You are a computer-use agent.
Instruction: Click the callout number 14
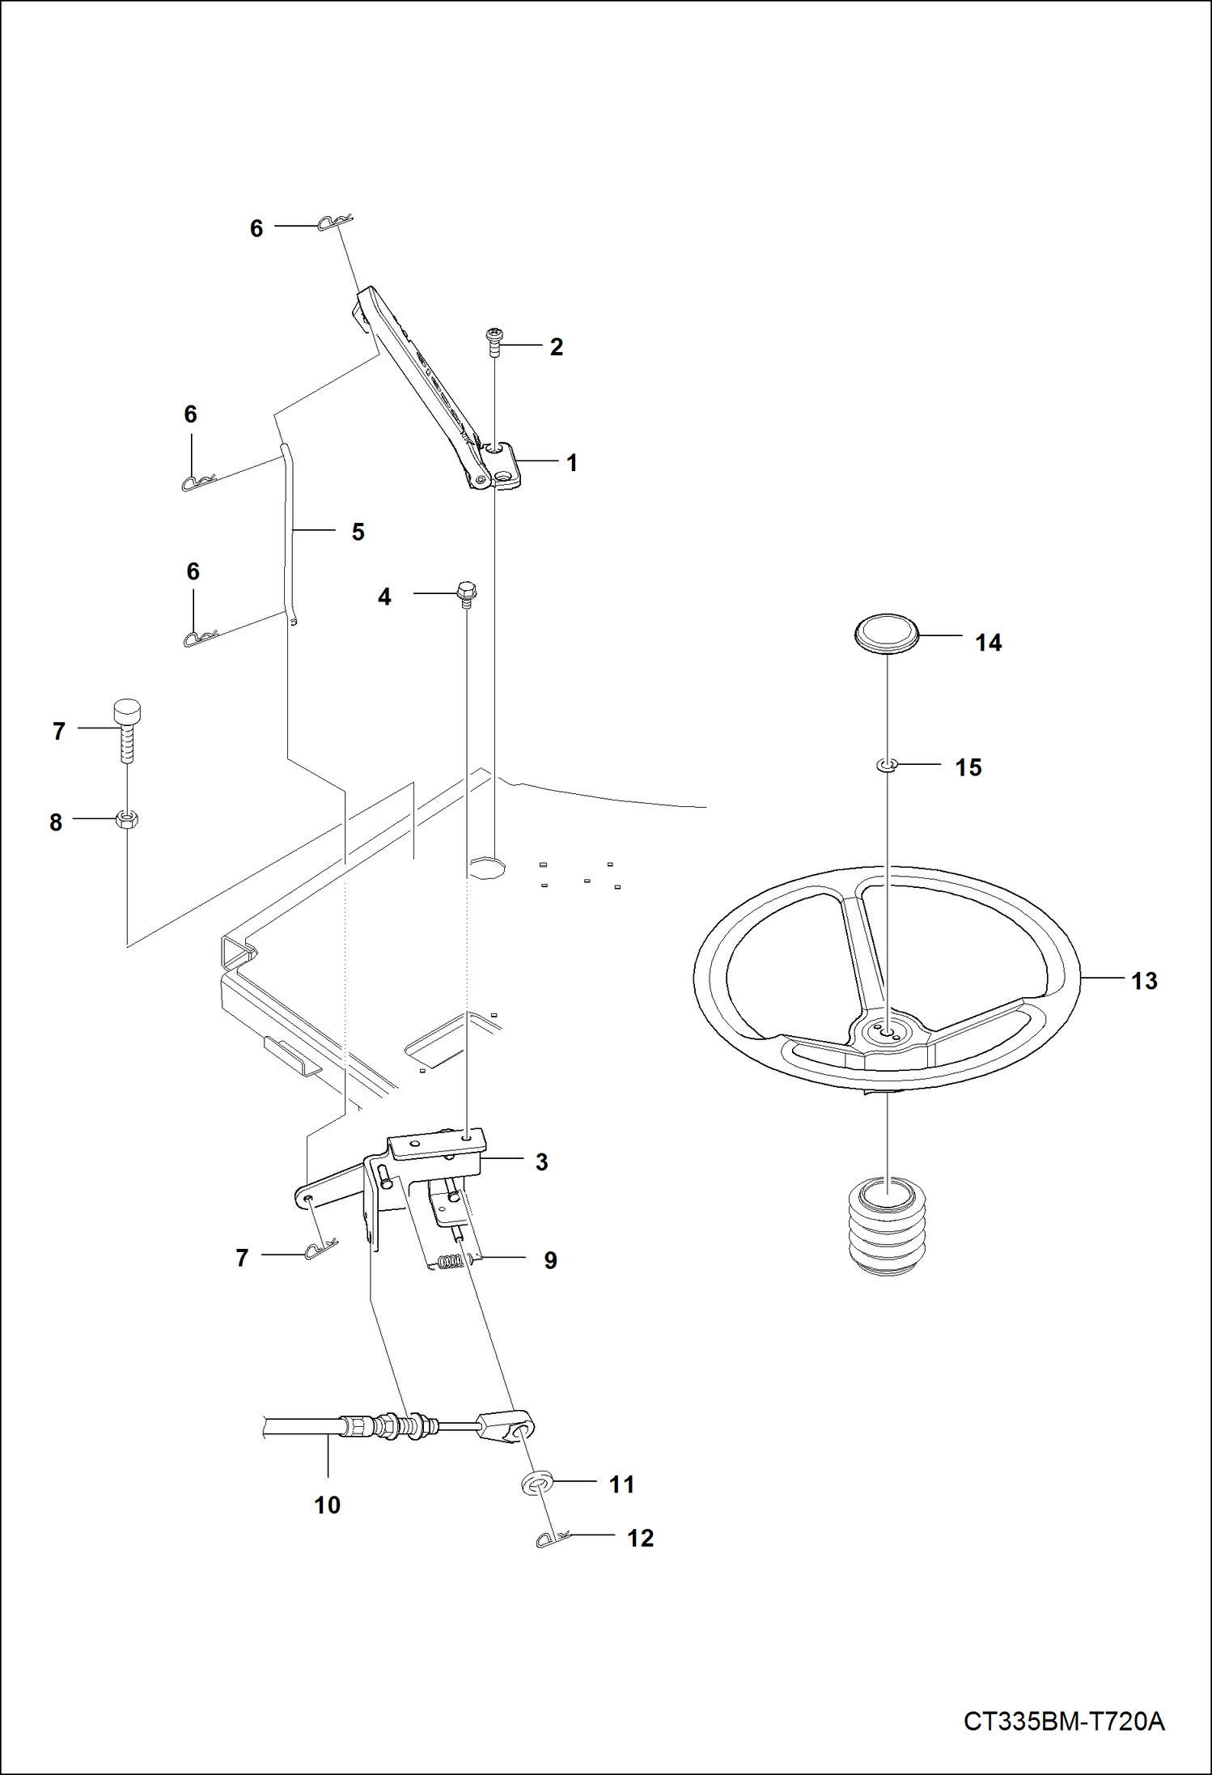[x=988, y=643]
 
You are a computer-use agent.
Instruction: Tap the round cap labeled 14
[x=887, y=631]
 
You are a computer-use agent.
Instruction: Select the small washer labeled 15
[x=888, y=764]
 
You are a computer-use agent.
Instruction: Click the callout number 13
[x=1144, y=981]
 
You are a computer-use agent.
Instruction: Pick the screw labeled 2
[x=494, y=342]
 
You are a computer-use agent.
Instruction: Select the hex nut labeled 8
[x=127, y=819]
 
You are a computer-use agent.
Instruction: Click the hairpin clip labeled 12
[x=553, y=1537]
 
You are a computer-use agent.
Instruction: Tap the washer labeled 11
[x=536, y=1484]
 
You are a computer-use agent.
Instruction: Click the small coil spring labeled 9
[x=450, y=1260]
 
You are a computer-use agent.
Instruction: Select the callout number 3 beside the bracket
[x=541, y=1161]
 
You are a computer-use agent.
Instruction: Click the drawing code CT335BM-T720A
[x=1063, y=1720]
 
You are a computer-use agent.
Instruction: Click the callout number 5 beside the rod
[x=358, y=532]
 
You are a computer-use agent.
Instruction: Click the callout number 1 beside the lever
[x=571, y=463]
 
